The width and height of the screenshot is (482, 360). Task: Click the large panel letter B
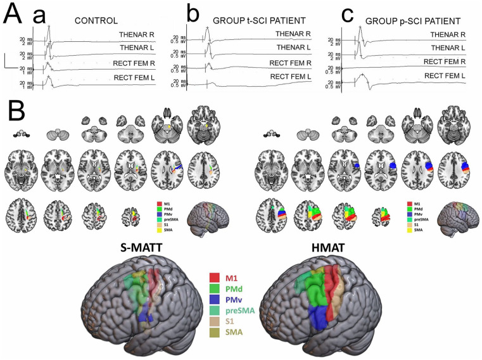coord(17,114)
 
